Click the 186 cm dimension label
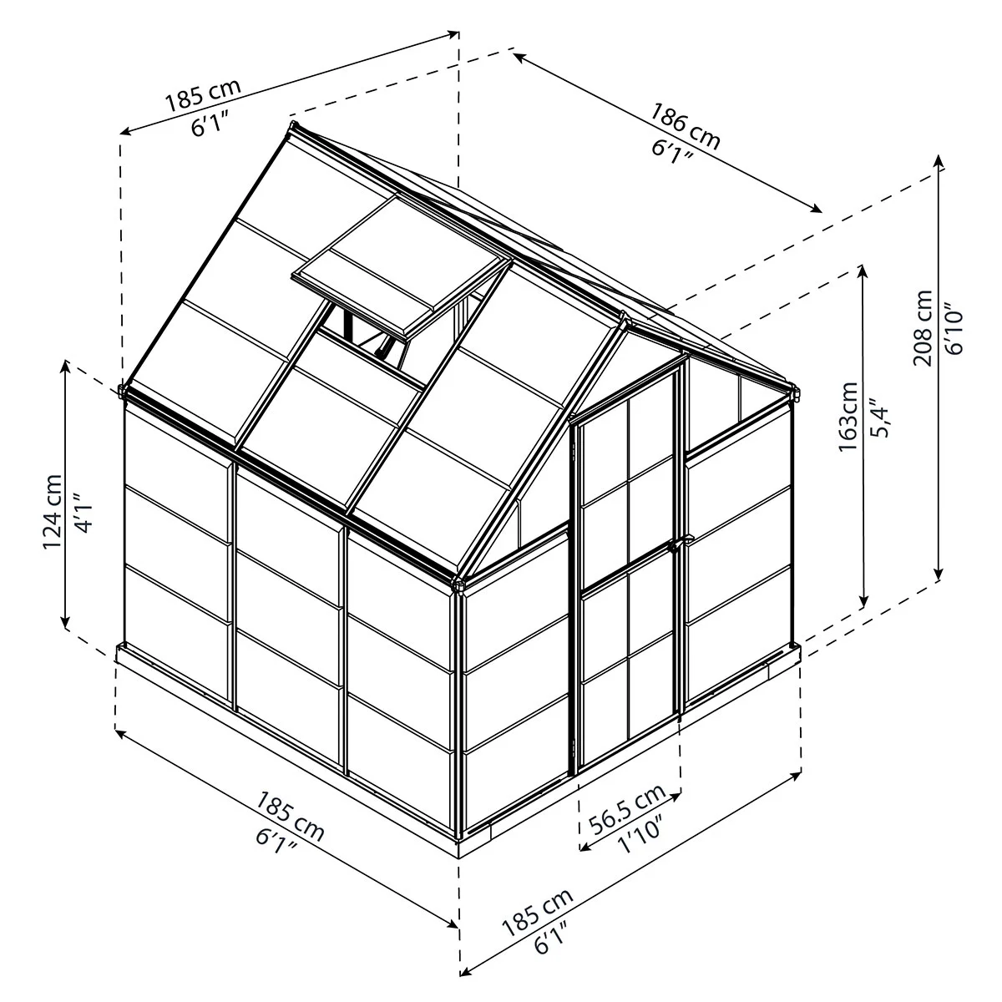pos(686,126)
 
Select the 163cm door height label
pos(848,417)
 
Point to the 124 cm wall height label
pos(53,512)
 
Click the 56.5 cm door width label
pos(627,808)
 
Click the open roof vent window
pos(401,266)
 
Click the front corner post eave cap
pos(458,584)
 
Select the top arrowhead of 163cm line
pos(863,270)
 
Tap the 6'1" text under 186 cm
pos(672,152)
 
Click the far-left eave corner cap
pos(123,391)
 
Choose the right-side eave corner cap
pos(794,393)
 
